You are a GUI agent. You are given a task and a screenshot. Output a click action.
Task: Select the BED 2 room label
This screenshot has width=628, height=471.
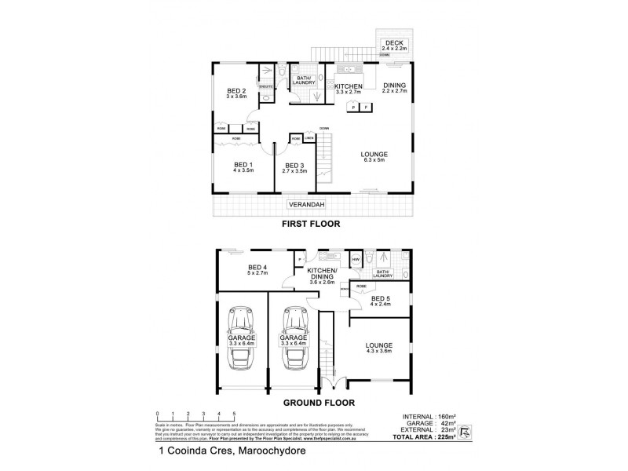coord(237,90)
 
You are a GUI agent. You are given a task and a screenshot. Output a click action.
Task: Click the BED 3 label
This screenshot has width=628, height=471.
coord(294,166)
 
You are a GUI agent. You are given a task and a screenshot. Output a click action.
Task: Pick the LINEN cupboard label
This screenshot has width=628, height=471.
coord(309,138)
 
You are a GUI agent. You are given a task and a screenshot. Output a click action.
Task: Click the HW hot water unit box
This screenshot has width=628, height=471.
coord(356,260)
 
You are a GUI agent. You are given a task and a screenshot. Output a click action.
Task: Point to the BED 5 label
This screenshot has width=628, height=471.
coord(381,298)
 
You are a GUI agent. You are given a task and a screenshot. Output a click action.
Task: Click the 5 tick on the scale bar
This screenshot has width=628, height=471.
coord(233,413)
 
